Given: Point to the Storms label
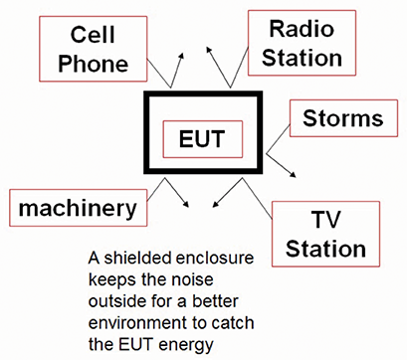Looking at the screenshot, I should point(343,119).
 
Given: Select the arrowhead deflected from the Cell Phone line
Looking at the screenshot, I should point(181,57).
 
